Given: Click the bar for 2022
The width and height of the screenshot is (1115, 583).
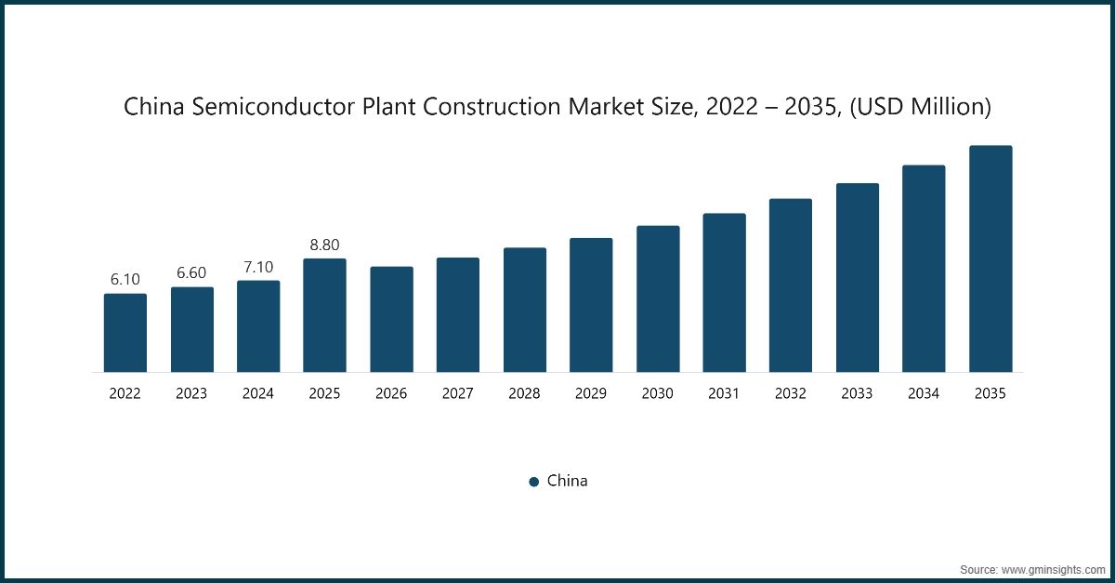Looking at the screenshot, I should tap(125, 333).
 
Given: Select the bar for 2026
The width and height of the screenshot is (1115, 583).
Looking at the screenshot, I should tap(391, 319).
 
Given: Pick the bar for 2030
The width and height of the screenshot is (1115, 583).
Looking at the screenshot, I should tap(658, 298).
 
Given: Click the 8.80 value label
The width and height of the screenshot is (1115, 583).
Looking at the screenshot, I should tap(324, 245).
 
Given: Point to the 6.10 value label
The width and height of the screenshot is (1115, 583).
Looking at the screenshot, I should tap(125, 280).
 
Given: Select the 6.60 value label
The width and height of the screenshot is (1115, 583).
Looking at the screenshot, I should tap(191, 273).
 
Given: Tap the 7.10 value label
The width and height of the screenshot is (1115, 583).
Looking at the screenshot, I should tap(258, 267).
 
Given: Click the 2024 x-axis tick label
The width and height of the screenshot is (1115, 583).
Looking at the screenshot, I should tap(258, 394).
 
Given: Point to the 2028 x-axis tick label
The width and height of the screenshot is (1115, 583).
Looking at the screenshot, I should tap(524, 394).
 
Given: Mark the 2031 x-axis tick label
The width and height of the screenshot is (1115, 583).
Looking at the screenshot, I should tap(724, 394).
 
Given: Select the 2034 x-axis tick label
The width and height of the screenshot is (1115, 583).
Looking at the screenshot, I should tap(924, 394).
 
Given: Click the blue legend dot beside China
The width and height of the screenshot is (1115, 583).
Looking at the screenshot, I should tap(534, 482).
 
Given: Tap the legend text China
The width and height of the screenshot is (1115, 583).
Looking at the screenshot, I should tap(567, 481).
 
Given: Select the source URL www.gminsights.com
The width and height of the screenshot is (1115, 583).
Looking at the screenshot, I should tap(1053, 568).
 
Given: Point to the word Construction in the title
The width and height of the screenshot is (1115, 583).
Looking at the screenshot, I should tap(497, 108).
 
